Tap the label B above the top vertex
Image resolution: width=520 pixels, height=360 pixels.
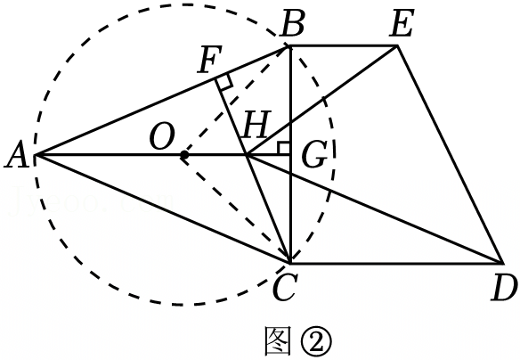coord(291,24)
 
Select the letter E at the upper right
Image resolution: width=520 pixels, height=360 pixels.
coord(402,24)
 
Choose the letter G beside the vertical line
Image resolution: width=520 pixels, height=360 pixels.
coord(314,154)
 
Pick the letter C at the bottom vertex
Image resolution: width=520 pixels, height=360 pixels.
coord(284,288)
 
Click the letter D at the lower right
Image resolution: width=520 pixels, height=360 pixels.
coord(504,288)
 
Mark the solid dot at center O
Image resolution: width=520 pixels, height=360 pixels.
coord(184,155)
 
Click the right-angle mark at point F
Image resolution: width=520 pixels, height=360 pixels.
coord(223,82)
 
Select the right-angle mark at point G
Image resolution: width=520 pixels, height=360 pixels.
coord(284,148)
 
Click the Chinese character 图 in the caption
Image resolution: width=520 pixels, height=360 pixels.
coord(278,341)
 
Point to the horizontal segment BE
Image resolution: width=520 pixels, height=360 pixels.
coord(344,45)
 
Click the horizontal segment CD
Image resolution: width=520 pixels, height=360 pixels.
coord(397,264)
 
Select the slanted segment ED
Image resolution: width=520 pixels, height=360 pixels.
coord(450,155)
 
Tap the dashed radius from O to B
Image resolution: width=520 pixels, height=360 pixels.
coord(236,100)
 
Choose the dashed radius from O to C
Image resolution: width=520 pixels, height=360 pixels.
coord(237,209)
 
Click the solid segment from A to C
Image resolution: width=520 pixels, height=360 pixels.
coord(163,209)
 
